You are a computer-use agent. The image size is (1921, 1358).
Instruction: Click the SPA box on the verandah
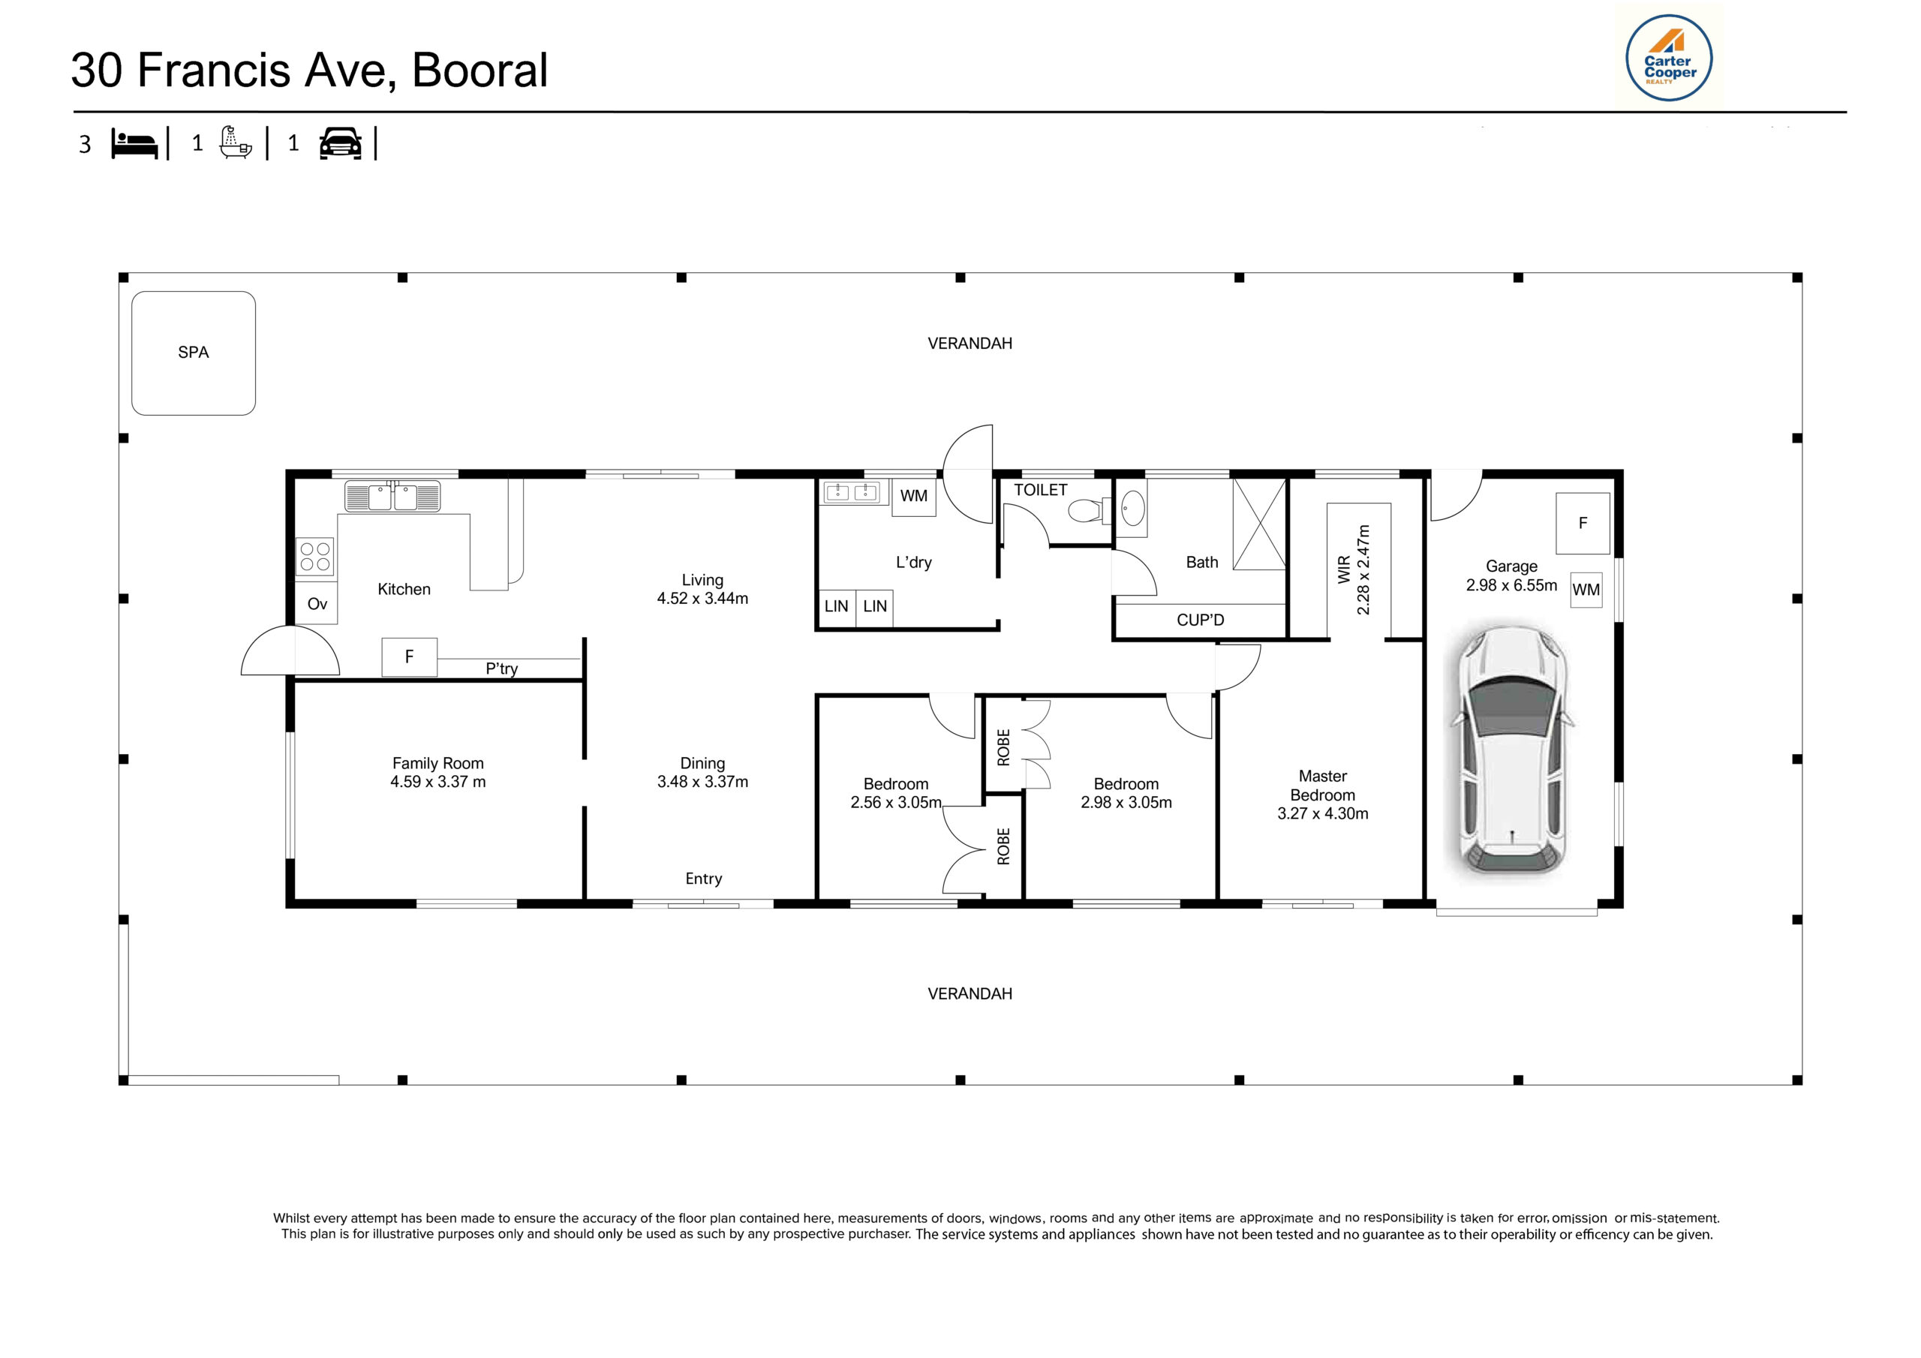click(194, 353)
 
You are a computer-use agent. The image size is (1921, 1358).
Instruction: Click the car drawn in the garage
click(1512, 750)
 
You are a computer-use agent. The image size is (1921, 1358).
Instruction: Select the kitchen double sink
click(392, 496)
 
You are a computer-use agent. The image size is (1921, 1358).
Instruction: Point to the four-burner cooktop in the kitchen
click(315, 557)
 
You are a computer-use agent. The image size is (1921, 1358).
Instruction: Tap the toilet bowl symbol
click(1087, 509)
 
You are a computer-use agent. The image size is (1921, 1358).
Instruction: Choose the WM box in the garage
click(1586, 590)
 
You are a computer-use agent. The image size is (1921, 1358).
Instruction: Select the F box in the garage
click(1582, 524)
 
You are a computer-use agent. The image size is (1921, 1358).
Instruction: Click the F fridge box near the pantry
click(409, 656)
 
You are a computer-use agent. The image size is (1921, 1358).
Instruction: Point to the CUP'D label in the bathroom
click(1200, 620)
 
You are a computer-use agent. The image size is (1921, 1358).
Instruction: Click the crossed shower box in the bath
click(1259, 524)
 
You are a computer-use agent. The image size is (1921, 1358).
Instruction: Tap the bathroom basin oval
click(1132, 508)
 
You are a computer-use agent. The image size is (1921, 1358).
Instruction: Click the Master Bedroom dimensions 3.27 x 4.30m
click(1322, 813)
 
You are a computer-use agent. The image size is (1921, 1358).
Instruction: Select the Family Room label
click(437, 763)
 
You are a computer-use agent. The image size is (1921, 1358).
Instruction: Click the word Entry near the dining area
click(703, 879)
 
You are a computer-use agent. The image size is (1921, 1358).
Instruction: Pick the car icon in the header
click(341, 143)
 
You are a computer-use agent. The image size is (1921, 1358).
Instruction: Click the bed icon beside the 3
click(135, 144)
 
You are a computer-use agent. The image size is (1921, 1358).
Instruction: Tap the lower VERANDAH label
click(970, 994)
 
